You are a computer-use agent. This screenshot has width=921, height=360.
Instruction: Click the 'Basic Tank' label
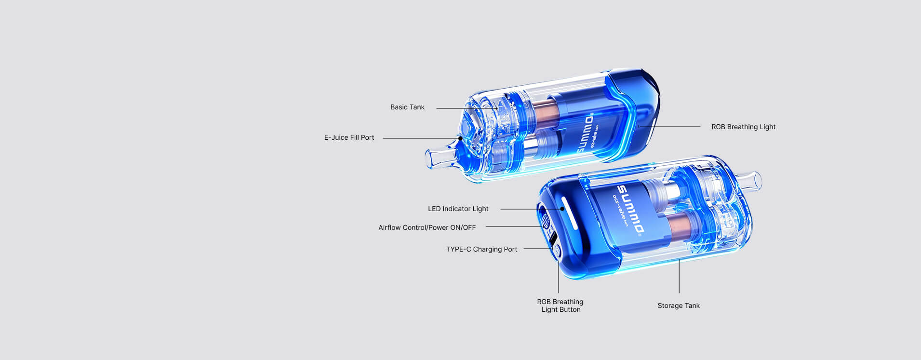point(407,107)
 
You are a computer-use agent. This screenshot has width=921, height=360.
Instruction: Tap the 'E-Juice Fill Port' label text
point(349,138)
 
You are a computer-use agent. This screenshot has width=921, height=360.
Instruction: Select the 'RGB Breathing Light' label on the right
point(743,127)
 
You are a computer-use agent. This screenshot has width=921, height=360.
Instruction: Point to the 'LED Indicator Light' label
point(458,209)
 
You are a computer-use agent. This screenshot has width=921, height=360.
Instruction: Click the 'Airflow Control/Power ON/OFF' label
point(427,228)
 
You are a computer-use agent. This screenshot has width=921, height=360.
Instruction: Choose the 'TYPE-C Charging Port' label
point(481,250)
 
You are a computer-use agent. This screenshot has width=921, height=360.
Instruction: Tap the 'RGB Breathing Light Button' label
point(561,306)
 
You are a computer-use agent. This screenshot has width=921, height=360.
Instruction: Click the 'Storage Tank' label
point(679,306)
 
